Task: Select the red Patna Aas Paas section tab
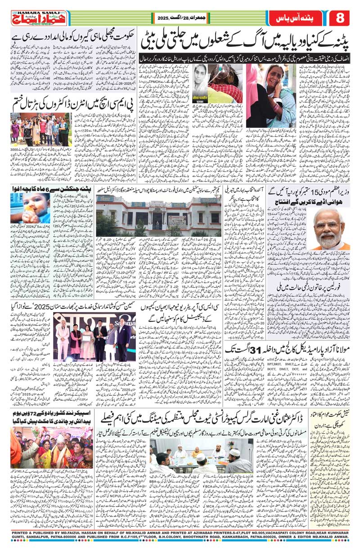point(292,18)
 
